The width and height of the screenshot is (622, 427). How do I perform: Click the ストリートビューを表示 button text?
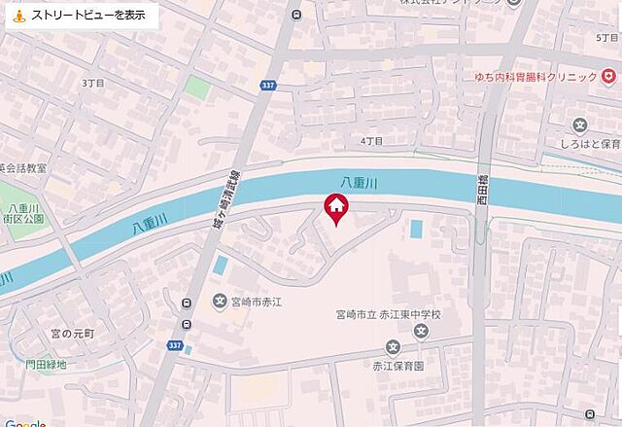88,16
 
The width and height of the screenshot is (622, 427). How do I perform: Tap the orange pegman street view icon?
18,16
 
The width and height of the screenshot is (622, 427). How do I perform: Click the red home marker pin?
335,208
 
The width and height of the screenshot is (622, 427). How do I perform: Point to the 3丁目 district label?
93,84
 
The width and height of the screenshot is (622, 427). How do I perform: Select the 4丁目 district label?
371,141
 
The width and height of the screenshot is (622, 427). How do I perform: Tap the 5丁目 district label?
606,36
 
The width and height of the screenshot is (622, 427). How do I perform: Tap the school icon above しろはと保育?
580,124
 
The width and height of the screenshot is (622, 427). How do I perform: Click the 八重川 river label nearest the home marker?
359,182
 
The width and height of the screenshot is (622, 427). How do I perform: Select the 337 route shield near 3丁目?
268,87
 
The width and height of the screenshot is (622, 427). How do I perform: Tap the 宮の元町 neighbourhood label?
74,335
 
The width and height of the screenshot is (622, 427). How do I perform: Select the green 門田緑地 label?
47,365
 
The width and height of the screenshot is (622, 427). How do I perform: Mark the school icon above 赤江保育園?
393,347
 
